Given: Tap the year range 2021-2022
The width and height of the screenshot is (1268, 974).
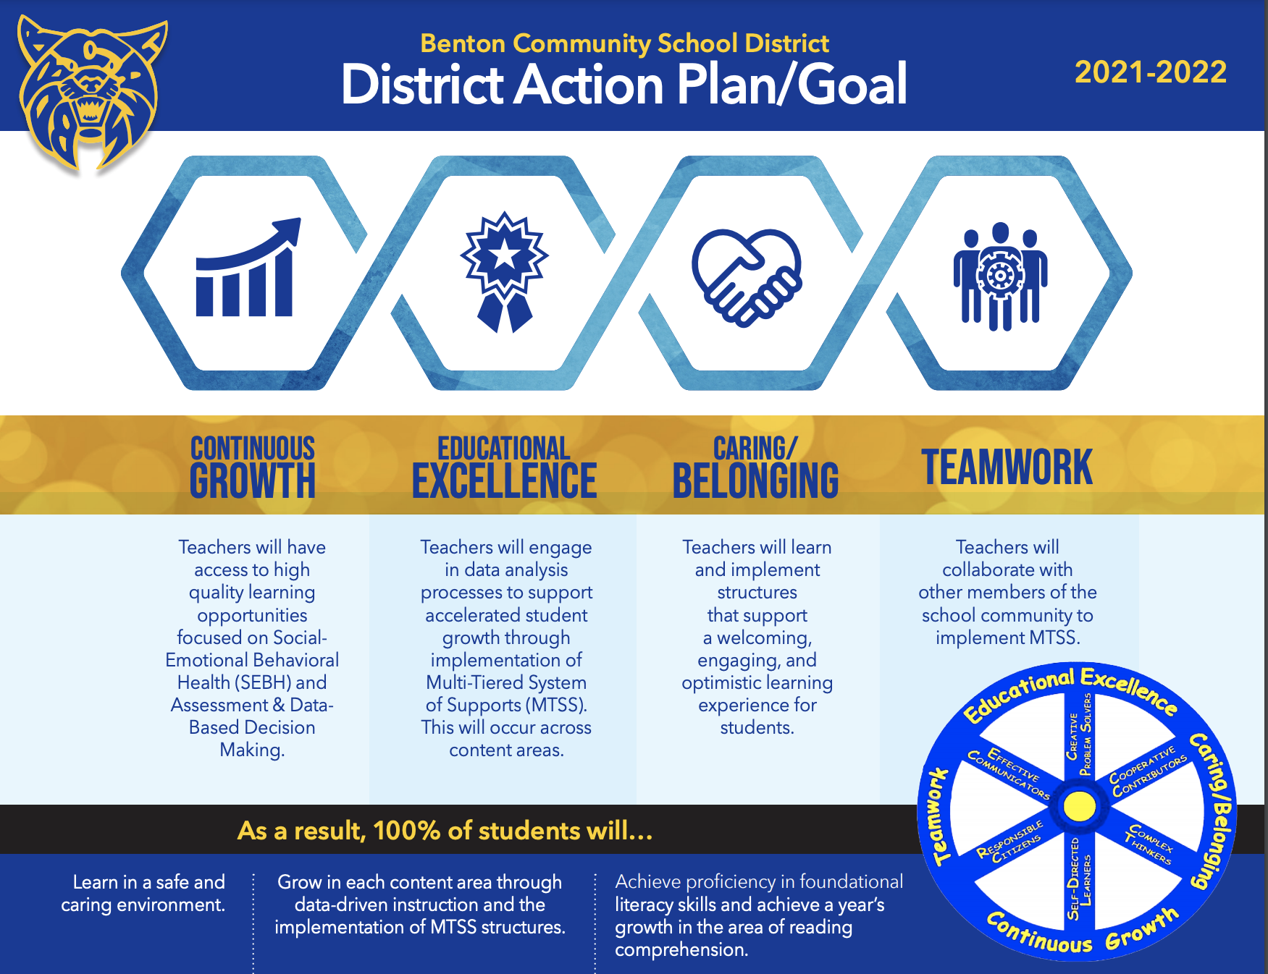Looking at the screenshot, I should point(1150,72).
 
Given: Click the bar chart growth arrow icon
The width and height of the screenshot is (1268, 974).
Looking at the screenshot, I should point(246,268).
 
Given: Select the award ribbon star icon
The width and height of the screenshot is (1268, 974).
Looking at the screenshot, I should point(505,271).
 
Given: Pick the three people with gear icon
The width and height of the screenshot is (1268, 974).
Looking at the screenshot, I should point(1000,276).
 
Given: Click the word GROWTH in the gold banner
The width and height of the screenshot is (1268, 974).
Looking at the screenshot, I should point(252,481).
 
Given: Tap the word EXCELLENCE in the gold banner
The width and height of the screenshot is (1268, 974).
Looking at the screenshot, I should point(504,481).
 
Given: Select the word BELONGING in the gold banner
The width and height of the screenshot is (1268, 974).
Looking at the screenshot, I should point(755,481).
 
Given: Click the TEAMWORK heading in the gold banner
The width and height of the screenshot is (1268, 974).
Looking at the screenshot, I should point(1007,467).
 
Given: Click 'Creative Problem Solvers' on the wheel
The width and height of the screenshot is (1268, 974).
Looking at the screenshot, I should point(1079,734).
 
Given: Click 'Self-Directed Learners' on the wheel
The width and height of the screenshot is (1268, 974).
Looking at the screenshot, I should point(1079,879).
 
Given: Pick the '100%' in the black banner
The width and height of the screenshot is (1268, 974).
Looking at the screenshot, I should point(406,831).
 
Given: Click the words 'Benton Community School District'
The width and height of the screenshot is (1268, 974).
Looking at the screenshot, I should point(624,43).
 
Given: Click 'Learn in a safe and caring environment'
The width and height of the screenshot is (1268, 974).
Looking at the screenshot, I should point(143,893).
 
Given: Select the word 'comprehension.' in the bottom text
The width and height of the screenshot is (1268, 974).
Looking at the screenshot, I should point(681,949).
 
